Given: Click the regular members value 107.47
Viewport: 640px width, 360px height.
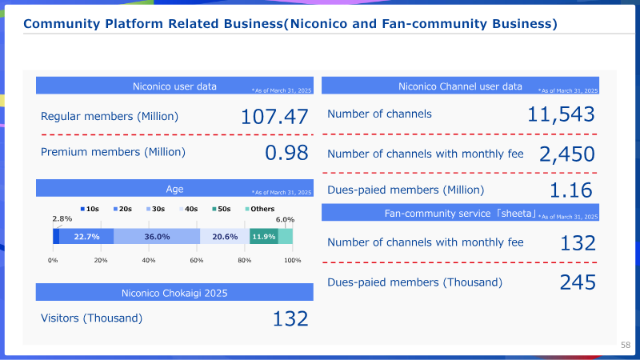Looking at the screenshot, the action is (274, 117).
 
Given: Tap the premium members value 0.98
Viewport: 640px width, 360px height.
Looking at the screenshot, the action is (286, 153).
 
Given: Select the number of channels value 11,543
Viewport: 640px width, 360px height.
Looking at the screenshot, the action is (561, 114).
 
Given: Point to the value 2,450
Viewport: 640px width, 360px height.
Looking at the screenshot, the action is (567, 154).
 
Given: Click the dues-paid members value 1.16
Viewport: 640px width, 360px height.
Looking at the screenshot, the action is (570, 190).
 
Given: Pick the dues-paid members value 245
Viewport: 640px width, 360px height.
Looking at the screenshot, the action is (578, 282).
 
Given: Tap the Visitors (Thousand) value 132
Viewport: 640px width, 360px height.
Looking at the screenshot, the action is (290, 318).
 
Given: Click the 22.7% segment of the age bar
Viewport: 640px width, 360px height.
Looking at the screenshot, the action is (86, 237).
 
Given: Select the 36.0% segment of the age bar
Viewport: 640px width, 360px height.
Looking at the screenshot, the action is (157, 237).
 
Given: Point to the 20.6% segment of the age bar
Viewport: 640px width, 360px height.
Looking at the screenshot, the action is (225, 237).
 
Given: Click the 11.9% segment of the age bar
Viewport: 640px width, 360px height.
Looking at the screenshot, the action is (264, 237).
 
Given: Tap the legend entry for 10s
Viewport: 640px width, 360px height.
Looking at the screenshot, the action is (90, 209).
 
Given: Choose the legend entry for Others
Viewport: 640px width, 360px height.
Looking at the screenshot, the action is (259, 209).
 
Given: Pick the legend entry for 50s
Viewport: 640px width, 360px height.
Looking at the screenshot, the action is (222, 209).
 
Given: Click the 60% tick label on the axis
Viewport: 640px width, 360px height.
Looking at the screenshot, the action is (197, 261).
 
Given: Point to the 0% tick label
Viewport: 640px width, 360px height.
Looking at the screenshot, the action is (53, 261).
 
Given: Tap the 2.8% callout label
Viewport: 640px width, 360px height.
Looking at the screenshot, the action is (62, 218).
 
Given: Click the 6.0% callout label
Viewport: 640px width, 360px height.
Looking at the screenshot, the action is (285, 219).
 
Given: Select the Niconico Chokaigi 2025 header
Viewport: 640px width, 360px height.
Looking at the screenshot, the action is (174, 293).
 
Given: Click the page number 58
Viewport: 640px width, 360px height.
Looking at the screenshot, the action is (626, 345).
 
